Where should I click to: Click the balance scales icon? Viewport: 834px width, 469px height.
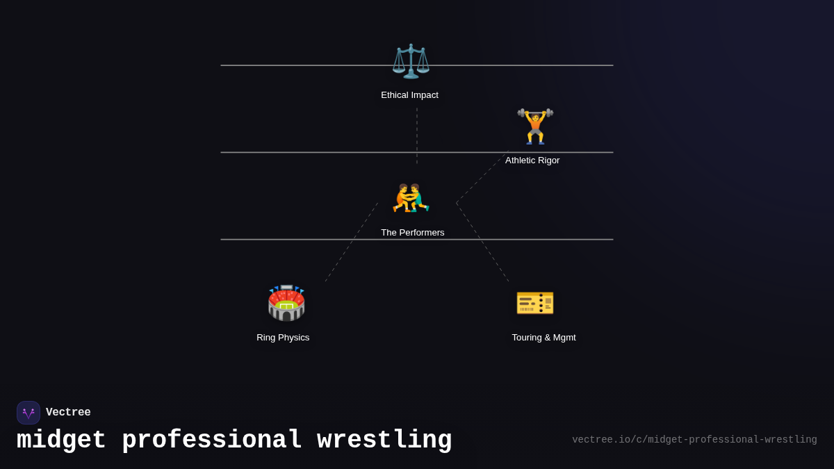click(411, 61)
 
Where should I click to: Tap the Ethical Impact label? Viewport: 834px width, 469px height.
click(409, 95)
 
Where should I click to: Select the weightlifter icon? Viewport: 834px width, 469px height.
click(535, 127)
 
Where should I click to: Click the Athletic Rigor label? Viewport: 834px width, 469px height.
click(532, 161)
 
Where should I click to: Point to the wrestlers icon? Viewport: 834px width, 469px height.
click(411, 198)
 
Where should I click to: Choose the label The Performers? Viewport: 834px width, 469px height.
click(412, 233)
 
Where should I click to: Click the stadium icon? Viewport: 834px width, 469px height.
click(286, 303)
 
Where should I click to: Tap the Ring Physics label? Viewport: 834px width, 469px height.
click(283, 338)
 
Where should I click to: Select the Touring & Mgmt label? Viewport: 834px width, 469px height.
click(543, 338)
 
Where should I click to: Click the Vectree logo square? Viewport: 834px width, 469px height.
click(28, 413)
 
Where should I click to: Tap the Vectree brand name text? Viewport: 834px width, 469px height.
click(68, 413)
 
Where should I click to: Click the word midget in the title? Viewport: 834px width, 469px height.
click(61, 441)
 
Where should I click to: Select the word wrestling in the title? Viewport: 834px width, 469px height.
click(384, 441)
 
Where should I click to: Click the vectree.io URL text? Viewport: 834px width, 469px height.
click(694, 440)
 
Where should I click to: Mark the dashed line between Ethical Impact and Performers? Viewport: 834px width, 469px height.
click(417, 135)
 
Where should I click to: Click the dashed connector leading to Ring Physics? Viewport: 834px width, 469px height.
click(351, 242)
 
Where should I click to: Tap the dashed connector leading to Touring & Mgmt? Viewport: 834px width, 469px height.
click(482, 242)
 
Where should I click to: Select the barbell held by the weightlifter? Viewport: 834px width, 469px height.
click(535, 113)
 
